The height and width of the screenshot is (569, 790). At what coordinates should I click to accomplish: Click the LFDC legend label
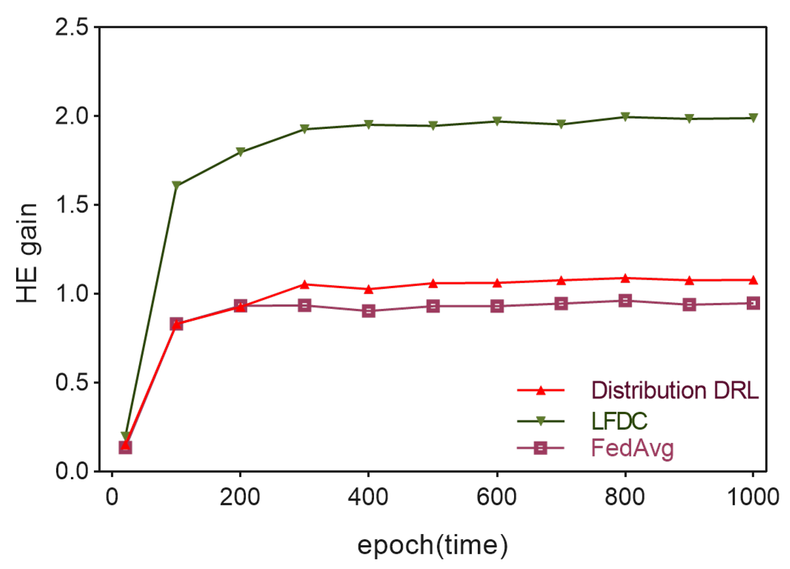619,421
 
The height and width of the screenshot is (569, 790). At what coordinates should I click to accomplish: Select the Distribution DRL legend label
674,390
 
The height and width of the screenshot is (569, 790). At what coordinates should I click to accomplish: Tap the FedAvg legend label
632,448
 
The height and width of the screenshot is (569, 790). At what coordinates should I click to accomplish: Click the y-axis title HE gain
27,253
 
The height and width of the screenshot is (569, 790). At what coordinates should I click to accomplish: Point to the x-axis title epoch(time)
432,546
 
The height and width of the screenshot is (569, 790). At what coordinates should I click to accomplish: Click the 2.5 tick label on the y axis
72,27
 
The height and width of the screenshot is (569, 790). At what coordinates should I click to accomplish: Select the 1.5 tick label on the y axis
72,205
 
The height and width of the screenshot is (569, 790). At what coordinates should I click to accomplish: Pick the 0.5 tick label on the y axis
72,383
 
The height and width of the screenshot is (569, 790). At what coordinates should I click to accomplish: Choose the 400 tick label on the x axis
368,498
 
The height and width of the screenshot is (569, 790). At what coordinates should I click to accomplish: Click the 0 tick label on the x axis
112,498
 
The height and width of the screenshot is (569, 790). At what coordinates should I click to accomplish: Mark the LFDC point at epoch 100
176,186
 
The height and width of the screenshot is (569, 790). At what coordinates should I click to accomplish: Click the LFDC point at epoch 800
625,117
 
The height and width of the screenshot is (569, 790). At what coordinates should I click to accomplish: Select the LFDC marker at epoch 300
304,129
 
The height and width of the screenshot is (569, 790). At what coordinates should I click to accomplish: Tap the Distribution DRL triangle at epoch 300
304,284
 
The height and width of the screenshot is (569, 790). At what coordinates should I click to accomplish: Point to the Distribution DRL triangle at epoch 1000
753,280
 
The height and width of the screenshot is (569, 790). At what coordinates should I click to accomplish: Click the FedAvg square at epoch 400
369,311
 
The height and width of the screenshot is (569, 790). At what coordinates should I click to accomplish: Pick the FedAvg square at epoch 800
625,301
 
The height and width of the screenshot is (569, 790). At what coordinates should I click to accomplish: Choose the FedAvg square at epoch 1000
753,303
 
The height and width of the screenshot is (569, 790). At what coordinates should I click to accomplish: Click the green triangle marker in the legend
541,421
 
